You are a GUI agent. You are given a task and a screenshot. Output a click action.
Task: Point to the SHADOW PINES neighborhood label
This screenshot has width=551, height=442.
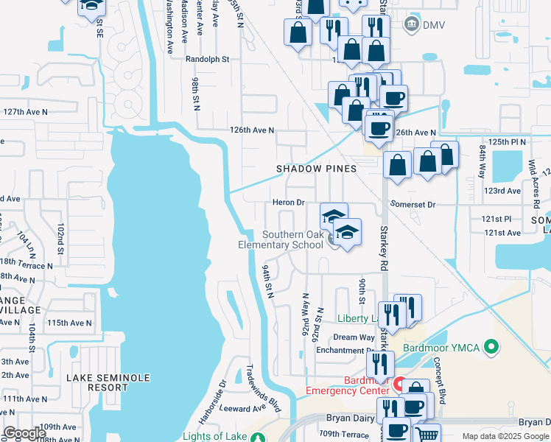click(316, 169)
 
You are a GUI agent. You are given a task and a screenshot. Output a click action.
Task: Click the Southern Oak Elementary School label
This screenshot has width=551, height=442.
click(283, 239)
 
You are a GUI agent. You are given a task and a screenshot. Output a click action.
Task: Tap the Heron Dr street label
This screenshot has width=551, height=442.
click(289, 203)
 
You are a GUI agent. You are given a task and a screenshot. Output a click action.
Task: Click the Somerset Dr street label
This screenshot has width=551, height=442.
click(413, 204)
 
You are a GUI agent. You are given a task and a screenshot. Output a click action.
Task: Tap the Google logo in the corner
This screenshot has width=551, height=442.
click(24, 433)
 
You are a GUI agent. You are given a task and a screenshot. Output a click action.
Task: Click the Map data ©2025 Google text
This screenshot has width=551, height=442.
click(505, 436)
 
